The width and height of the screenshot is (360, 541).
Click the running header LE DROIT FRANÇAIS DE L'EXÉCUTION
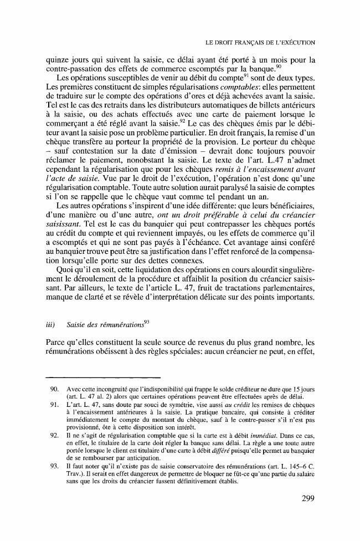(260, 42)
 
